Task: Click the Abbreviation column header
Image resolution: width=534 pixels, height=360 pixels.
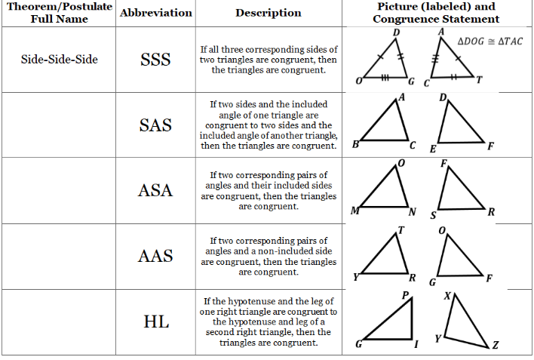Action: (155, 13)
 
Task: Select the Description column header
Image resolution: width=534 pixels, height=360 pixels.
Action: (268, 13)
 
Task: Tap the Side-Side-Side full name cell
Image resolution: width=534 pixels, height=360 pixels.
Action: (60, 59)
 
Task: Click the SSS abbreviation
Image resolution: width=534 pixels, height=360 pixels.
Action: (155, 60)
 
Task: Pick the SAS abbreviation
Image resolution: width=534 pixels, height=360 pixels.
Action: (155, 125)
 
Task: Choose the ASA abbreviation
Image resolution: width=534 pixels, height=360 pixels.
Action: (155, 190)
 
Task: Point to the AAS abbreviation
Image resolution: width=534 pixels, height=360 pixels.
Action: (155, 256)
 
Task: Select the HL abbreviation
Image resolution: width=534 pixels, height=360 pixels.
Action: (155, 322)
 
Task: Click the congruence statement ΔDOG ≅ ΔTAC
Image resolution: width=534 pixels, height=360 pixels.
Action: (489, 41)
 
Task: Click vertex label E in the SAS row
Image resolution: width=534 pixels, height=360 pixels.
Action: (432, 149)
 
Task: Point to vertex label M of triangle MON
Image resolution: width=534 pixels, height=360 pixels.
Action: (354, 211)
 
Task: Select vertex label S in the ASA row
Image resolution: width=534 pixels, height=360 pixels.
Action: (433, 215)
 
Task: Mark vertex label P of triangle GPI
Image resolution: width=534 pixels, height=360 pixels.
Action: (405, 295)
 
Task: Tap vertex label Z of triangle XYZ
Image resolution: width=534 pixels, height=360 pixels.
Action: (495, 346)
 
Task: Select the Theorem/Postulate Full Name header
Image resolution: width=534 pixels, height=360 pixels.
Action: (60, 12)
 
